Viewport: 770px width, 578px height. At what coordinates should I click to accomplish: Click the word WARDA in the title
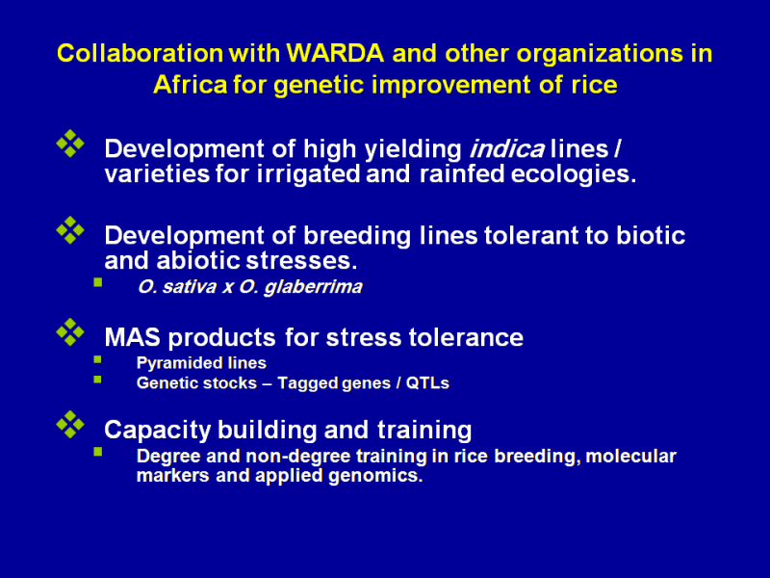[x=334, y=53]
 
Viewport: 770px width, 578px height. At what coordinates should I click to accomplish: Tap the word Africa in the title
[x=190, y=85]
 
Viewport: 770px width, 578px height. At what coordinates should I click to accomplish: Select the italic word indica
[x=507, y=149]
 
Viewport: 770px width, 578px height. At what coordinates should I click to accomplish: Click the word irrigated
[x=308, y=174]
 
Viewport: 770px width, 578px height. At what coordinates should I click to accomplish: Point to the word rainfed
[x=462, y=174]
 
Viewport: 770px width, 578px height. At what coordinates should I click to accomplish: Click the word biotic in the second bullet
[x=651, y=235]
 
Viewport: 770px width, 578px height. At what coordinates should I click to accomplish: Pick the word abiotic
[x=198, y=260]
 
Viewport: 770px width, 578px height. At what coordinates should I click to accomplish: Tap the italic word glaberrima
[x=313, y=287]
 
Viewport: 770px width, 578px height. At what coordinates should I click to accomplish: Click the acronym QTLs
[x=427, y=382]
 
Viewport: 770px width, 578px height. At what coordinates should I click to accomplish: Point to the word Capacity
[x=157, y=431]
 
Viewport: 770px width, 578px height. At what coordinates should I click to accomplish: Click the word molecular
[x=631, y=456]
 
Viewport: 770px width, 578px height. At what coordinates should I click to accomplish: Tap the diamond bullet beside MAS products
[x=70, y=331]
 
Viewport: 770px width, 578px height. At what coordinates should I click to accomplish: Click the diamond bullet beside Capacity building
[x=70, y=424]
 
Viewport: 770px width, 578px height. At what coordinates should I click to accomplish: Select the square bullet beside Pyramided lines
[x=98, y=359]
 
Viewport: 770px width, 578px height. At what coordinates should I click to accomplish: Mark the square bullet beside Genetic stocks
[x=98, y=380]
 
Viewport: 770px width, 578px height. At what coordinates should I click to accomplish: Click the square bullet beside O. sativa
[x=98, y=282]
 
